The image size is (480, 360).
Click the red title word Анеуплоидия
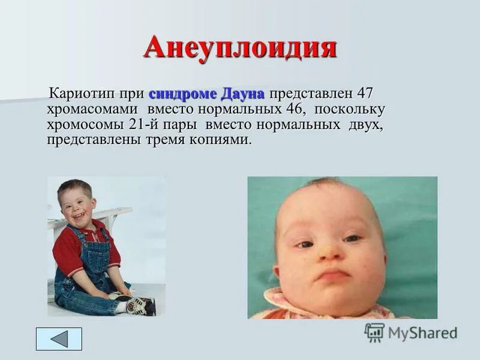coord(239,47)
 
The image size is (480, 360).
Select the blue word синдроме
coord(183,94)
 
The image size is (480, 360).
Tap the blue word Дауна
coord(244,94)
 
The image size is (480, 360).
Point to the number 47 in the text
coord(365,94)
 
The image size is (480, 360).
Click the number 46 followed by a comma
coord(293,110)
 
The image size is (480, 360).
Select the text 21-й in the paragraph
coord(146,126)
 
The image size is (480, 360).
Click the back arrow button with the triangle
coord(59,339)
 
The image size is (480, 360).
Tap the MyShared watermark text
coord(422,333)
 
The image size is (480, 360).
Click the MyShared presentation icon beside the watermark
coord(374,332)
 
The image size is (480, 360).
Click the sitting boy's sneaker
coord(140,305)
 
